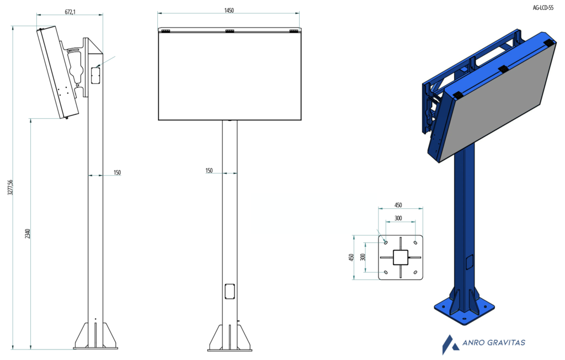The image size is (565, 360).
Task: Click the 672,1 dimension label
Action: click(x=70, y=12)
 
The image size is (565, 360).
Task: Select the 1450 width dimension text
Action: click(x=229, y=10)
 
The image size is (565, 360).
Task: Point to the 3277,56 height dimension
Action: click(x=10, y=188)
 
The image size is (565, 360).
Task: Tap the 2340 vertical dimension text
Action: click(x=28, y=234)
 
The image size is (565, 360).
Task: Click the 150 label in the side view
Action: click(x=117, y=172)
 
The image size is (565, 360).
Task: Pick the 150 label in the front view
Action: click(x=209, y=170)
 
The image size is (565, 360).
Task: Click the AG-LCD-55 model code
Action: click(x=543, y=8)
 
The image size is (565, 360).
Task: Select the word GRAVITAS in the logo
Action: click(x=508, y=342)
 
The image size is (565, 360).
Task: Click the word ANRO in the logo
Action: click(x=475, y=342)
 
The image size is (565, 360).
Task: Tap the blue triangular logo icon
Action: click(x=449, y=345)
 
